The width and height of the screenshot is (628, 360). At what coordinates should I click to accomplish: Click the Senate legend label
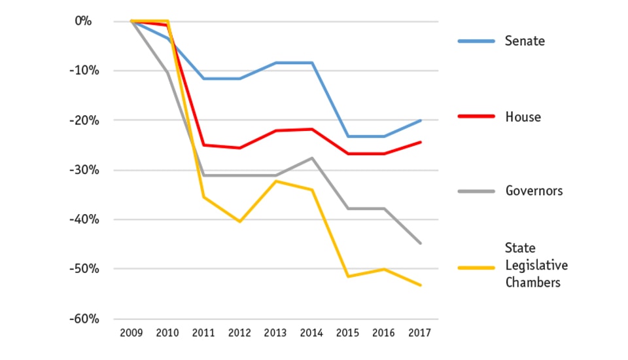tap(525, 41)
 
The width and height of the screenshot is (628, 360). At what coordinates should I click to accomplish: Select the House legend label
tap(523, 117)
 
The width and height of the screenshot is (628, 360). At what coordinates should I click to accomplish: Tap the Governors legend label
tap(534, 191)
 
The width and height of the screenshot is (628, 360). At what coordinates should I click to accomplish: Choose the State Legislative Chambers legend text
tap(536, 265)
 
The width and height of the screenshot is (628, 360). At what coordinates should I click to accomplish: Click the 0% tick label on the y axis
tap(82, 21)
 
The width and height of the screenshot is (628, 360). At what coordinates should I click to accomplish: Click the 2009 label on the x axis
tap(131, 333)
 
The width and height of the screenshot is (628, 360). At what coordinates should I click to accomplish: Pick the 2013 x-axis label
tap(275, 333)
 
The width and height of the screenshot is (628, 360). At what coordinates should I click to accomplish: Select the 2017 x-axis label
tap(420, 333)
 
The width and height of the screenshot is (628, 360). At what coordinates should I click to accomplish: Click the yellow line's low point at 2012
tap(239, 222)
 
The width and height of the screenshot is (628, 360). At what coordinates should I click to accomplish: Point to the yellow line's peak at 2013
tap(275, 181)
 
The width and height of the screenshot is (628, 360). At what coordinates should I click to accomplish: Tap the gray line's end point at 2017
tap(420, 243)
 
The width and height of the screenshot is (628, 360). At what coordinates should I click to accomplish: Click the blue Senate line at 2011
tap(203, 79)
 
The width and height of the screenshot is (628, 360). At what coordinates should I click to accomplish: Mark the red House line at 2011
tap(203, 145)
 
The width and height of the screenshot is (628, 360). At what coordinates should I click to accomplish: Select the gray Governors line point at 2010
tap(167, 72)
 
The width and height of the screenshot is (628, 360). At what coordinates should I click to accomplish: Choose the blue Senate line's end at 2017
tap(420, 120)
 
